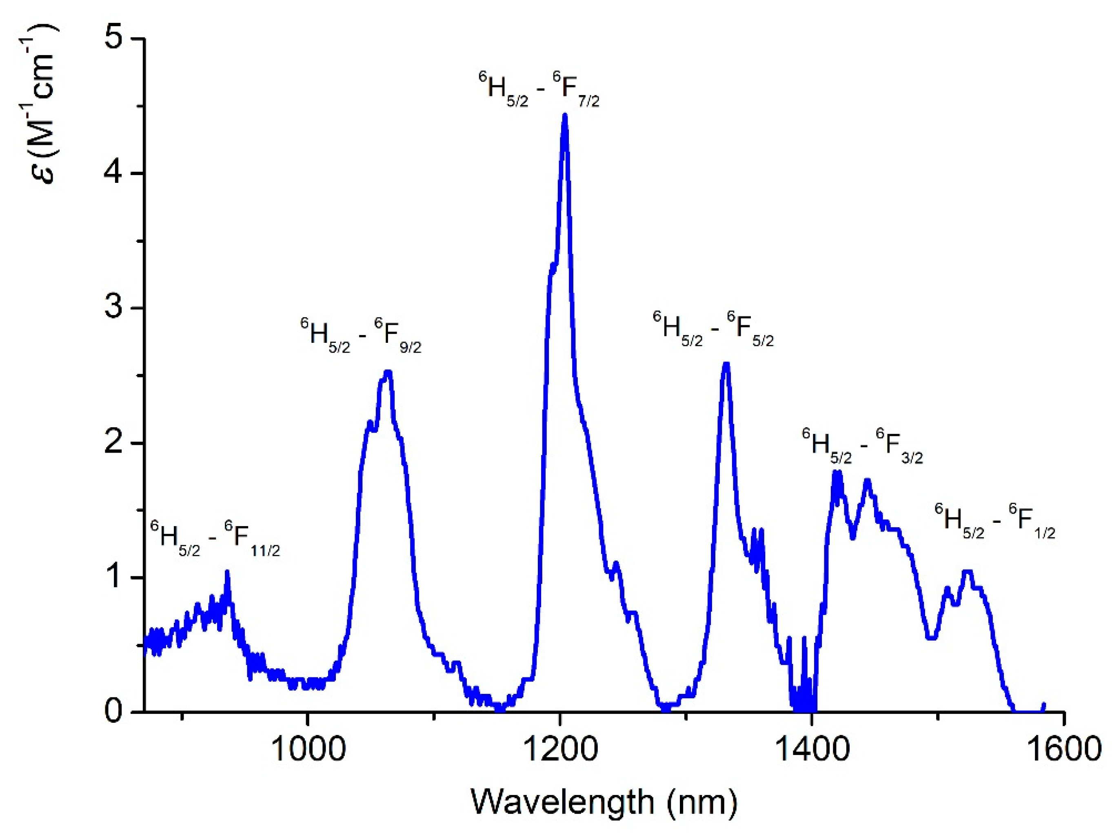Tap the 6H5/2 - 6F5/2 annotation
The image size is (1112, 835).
click(x=713, y=329)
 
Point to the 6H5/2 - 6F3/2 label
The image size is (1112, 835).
click(x=862, y=446)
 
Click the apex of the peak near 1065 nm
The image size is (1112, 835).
click(x=387, y=373)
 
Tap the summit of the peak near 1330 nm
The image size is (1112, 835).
click(x=726, y=364)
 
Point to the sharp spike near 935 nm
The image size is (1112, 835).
click(x=227, y=572)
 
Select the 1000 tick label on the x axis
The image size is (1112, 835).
click(x=307, y=748)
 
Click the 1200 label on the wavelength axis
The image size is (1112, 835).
click(x=559, y=748)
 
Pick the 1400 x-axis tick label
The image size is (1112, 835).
click(x=812, y=748)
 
